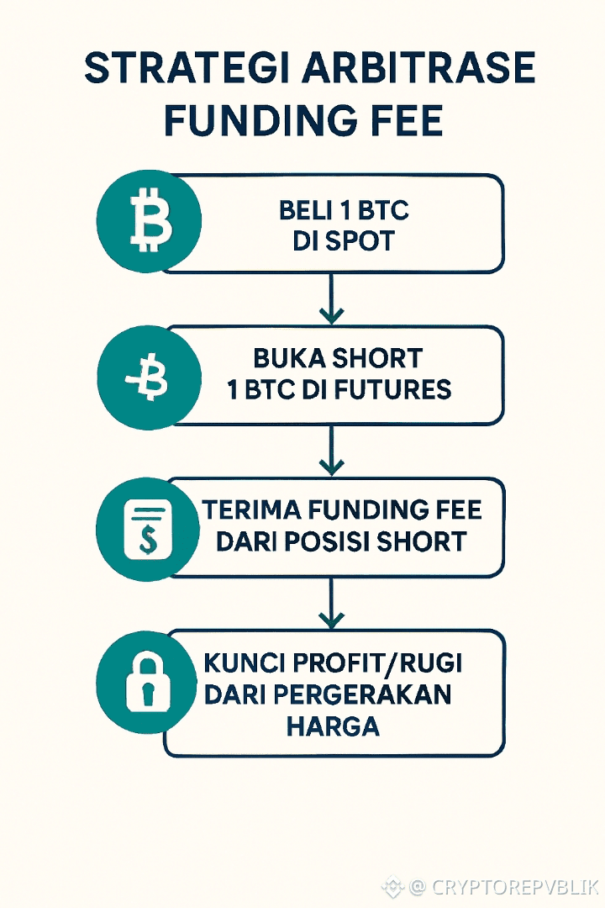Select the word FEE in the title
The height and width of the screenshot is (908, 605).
(x=407, y=121)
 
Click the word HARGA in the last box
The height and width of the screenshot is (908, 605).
(x=333, y=726)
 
